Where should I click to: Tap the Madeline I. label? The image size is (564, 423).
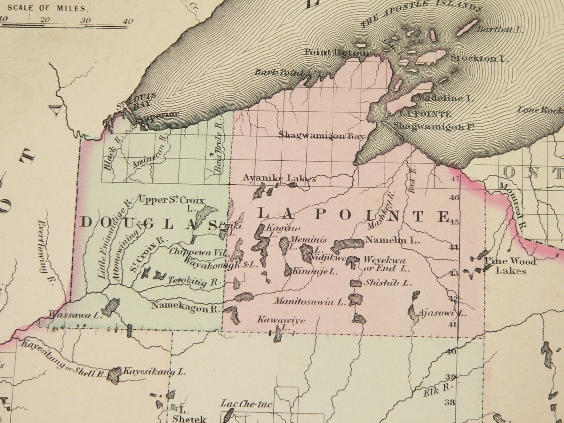445,98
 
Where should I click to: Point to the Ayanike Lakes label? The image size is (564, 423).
279,178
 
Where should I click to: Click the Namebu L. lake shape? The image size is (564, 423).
347,244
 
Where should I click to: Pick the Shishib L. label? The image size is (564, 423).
388,283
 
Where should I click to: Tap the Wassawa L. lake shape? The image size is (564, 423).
110,306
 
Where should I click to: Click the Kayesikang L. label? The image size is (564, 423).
154,371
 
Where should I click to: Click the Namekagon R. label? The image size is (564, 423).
186,307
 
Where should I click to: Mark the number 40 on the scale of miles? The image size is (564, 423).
128,21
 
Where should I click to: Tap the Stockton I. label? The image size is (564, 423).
478,58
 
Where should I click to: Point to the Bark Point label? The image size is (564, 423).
279,73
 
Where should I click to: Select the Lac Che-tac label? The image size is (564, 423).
246,404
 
